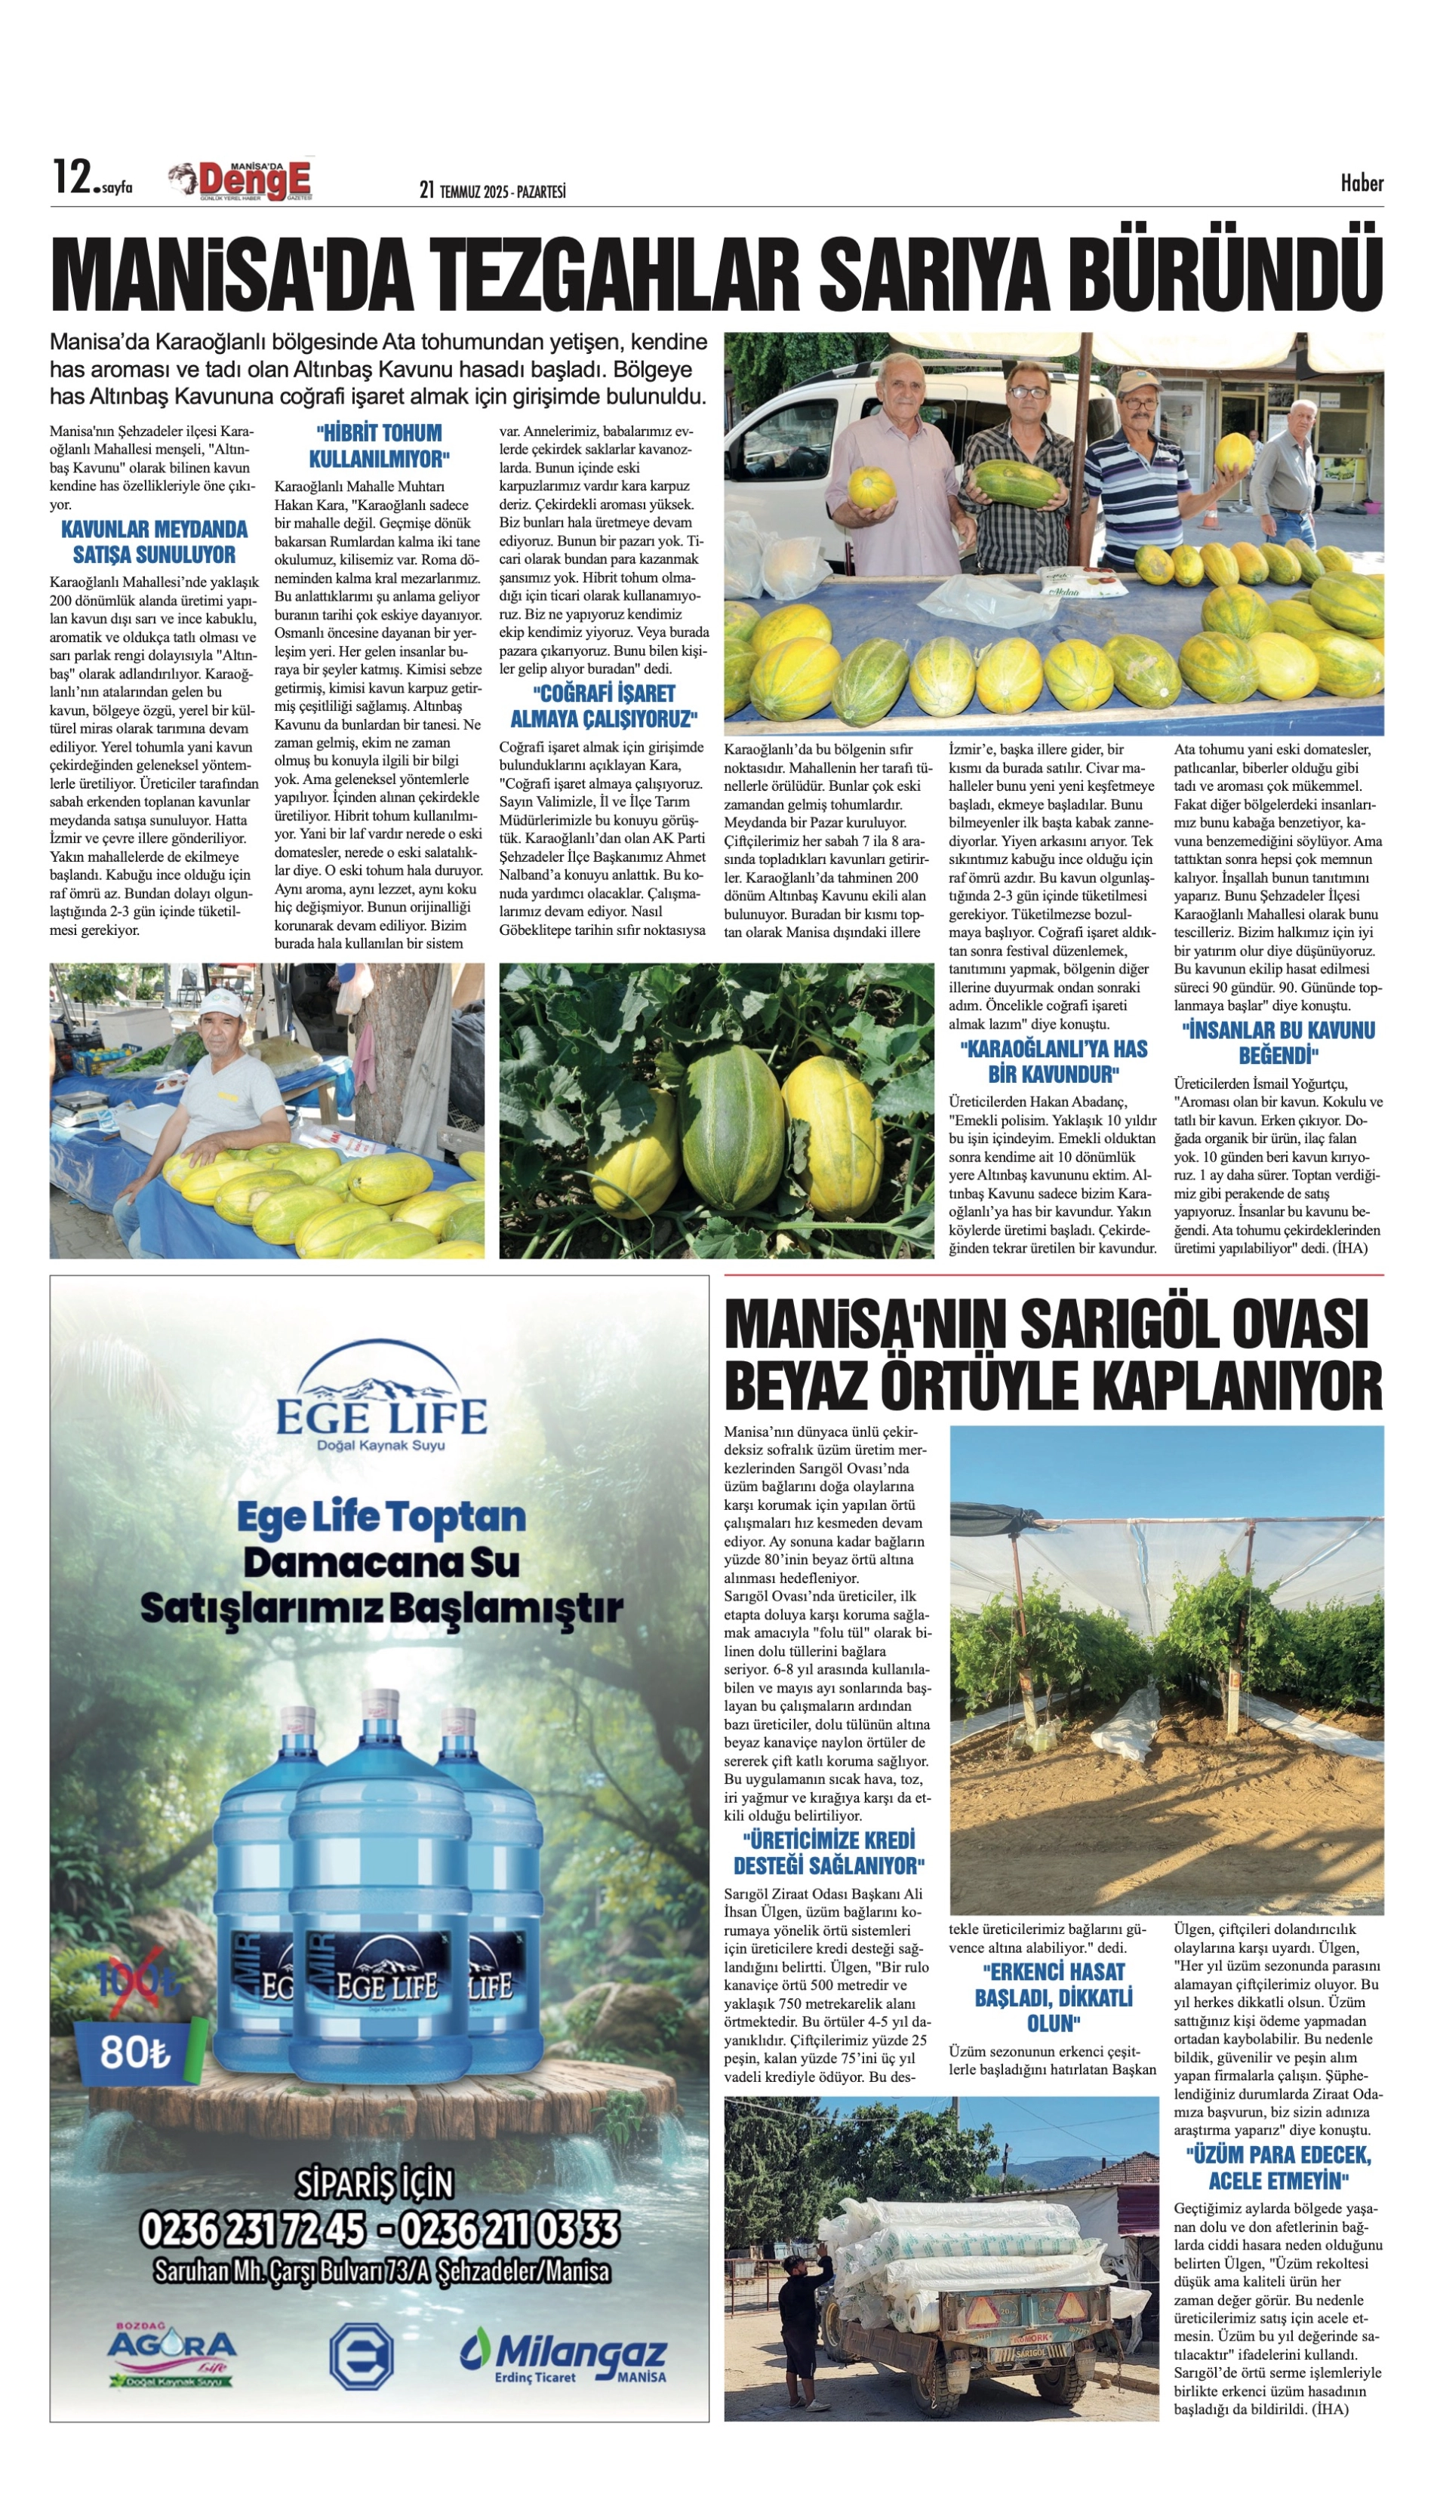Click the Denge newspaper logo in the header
[242, 181]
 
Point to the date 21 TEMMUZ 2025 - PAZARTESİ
[491, 191]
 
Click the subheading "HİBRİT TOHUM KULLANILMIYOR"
[379, 446]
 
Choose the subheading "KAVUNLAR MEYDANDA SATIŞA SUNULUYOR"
[154, 543]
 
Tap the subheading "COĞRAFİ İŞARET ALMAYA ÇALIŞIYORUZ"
[603, 705]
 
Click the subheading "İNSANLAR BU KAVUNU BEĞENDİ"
[1279, 1043]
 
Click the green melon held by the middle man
[1017, 481]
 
